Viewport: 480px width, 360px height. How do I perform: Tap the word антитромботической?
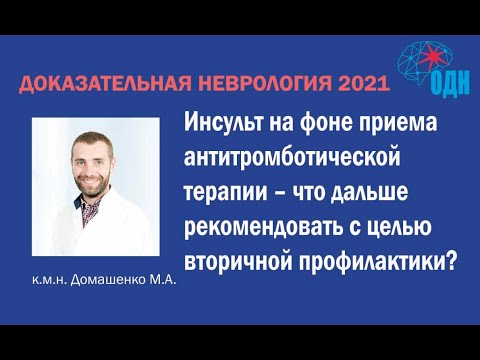click(275, 157)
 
